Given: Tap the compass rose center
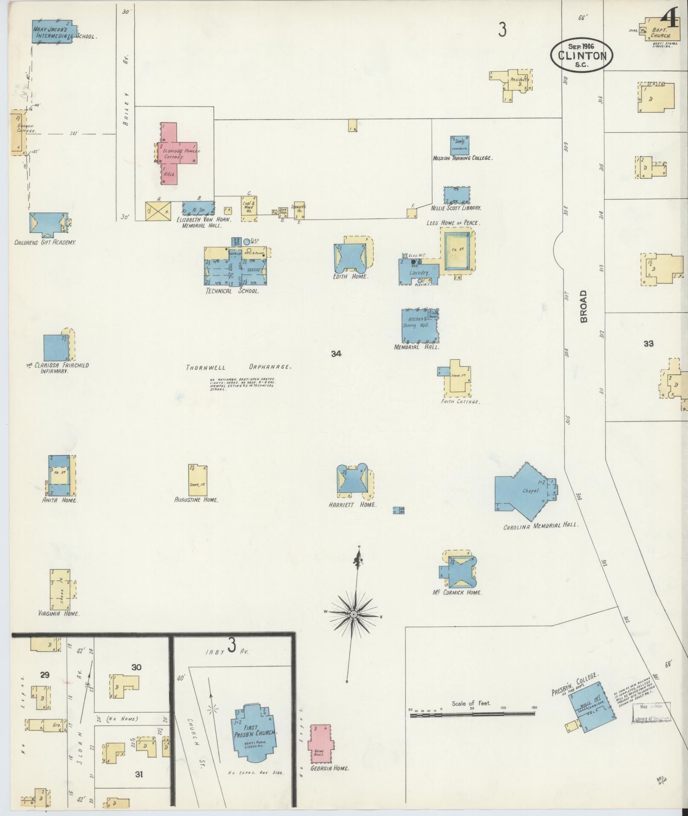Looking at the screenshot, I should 354,613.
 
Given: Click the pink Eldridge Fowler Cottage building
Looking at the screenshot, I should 175,154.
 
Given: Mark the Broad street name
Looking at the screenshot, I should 583,306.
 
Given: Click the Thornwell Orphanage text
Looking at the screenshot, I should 238,367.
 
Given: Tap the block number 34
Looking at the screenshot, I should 337,354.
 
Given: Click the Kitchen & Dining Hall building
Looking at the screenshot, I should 419,325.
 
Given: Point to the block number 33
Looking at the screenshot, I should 648,343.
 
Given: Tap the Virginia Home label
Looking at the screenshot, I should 65,613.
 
